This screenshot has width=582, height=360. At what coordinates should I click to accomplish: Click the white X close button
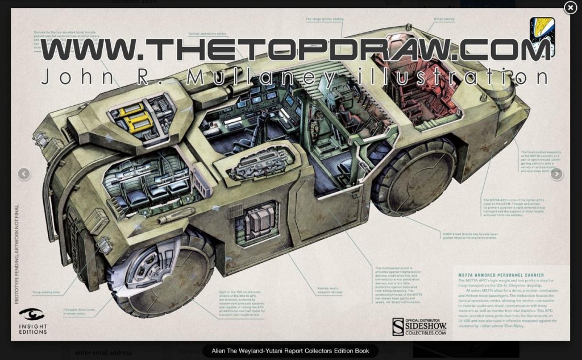[570, 7]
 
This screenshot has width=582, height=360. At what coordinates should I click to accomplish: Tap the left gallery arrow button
[24, 174]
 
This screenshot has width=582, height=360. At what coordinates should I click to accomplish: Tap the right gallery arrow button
[556, 174]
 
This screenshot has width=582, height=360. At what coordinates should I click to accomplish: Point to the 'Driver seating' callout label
[444, 19]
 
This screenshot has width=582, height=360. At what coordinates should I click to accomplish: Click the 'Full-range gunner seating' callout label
[325, 19]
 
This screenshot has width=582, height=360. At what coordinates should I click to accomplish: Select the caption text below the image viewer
[290, 351]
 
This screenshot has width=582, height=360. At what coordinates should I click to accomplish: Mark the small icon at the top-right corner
[542, 34]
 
